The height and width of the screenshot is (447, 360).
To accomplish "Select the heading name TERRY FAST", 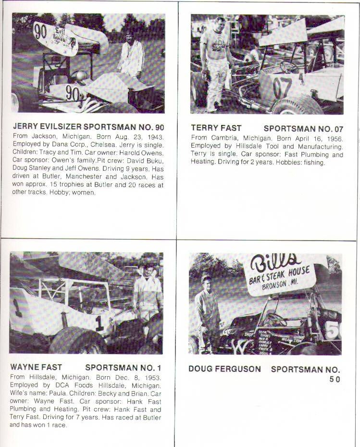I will click(x=216, y=128).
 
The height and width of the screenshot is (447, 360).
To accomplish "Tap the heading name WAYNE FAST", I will click(x=36, y=368).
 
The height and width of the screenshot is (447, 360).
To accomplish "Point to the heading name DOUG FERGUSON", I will click(x=224, y=369).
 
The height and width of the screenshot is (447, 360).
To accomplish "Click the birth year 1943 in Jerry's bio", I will click(x=155, y=136).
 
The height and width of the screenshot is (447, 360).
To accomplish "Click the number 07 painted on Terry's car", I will click(x=282, y=86).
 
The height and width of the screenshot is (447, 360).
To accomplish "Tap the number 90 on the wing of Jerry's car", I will click(x=40, y=31).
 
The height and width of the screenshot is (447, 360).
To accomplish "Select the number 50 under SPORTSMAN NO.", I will click(x=335, y=379).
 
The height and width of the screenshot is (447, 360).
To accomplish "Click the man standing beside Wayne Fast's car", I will click(x=148, y=294).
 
